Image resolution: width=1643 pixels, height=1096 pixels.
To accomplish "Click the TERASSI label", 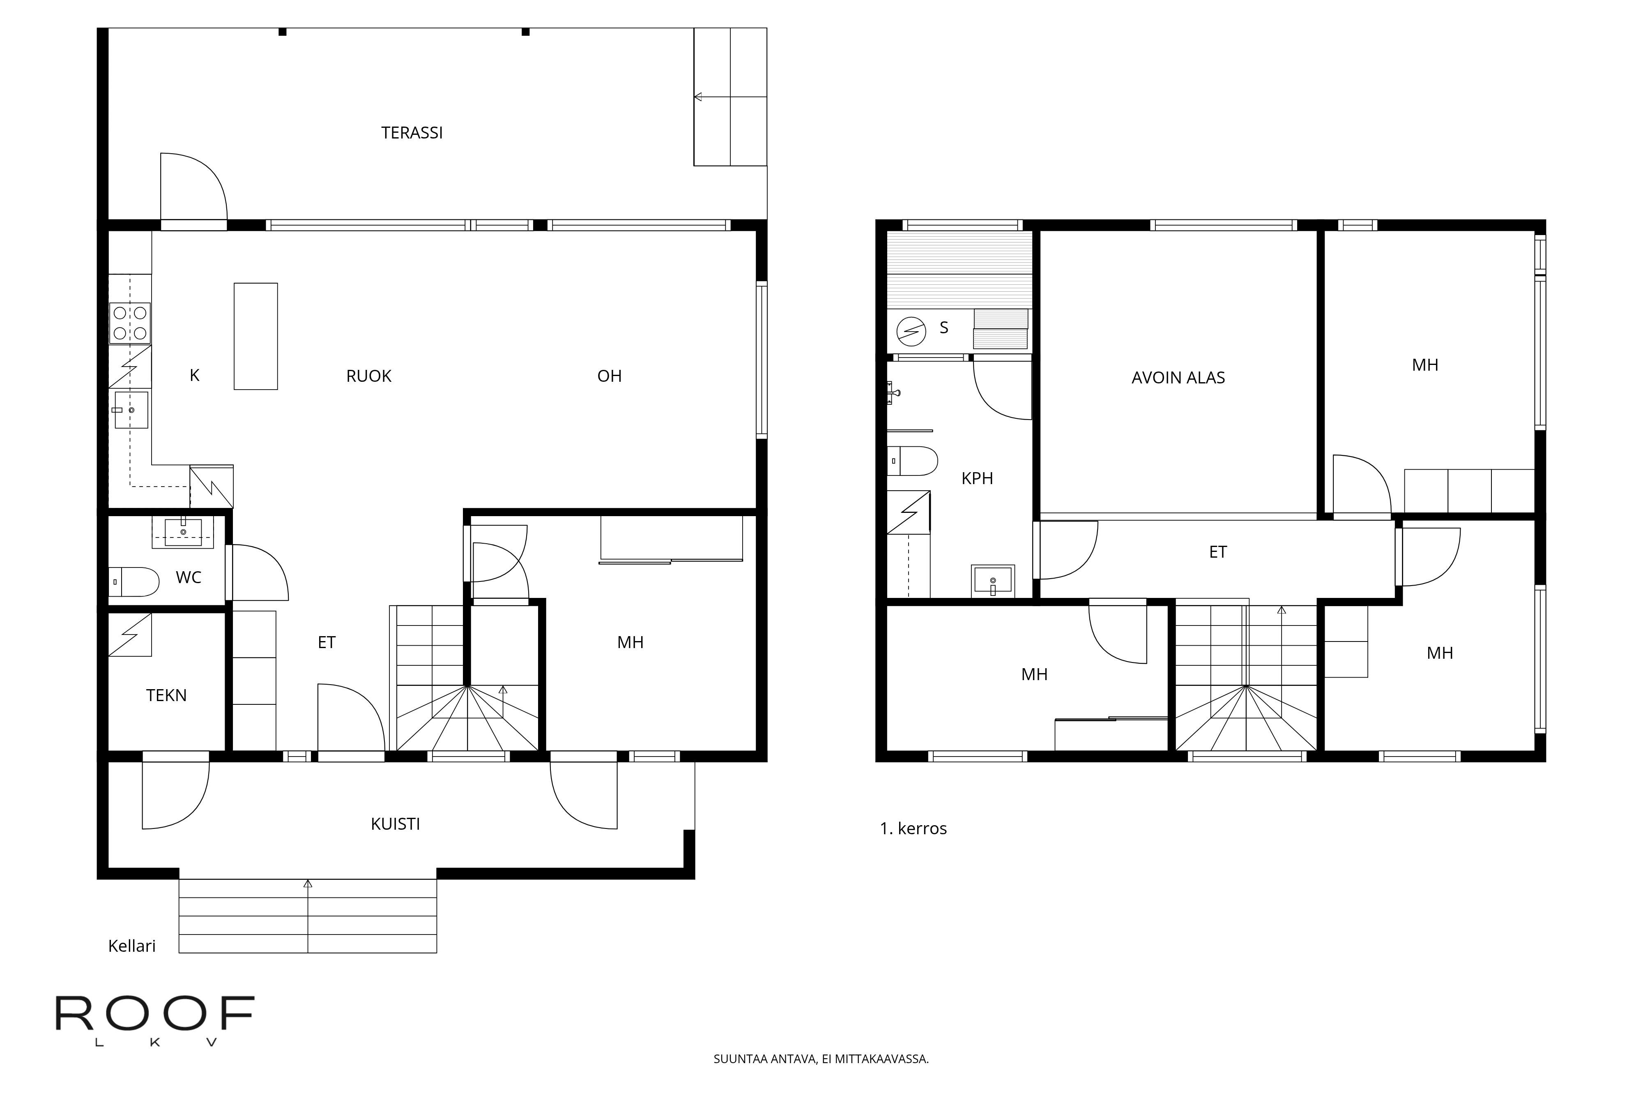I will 412,133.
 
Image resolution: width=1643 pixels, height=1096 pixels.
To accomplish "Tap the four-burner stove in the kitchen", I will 130,323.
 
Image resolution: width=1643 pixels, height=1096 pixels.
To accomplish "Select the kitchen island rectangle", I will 255,336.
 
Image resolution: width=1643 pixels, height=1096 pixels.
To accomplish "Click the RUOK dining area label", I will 369,376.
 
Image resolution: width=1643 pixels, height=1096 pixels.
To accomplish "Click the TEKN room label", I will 166,695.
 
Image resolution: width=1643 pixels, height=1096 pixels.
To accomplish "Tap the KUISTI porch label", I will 396,824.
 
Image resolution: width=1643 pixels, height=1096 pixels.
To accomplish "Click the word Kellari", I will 132,946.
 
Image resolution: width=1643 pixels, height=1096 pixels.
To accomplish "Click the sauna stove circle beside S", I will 911,331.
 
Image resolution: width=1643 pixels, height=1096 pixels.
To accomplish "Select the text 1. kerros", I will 913,829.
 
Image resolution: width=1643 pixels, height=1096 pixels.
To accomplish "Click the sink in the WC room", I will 183,533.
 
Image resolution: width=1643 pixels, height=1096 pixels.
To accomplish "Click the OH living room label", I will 609,376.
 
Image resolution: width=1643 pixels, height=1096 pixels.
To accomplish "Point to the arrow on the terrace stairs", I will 699,97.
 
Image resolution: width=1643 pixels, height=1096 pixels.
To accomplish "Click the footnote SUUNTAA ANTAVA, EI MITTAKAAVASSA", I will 821,1059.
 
